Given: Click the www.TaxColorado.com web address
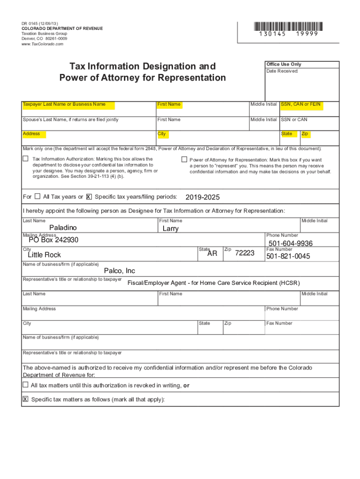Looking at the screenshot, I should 42,44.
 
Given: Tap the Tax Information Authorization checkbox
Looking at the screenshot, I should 26,159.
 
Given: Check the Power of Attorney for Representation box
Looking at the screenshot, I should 184,160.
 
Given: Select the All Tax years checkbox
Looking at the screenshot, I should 38,196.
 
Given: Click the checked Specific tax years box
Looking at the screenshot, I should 89,197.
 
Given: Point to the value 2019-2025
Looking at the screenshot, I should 202,197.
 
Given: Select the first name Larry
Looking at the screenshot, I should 171,229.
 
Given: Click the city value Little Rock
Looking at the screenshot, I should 44,255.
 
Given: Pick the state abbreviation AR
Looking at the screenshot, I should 212,253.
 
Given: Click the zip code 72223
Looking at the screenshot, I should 245,253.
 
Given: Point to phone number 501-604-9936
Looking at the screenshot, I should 290,244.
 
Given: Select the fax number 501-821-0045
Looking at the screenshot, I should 288,256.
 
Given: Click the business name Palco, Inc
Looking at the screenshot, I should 119,271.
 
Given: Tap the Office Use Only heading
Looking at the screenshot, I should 284,64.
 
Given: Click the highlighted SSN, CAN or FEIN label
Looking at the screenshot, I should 301,104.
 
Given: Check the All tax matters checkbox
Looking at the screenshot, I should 26,385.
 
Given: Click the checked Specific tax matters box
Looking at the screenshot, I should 26,399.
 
